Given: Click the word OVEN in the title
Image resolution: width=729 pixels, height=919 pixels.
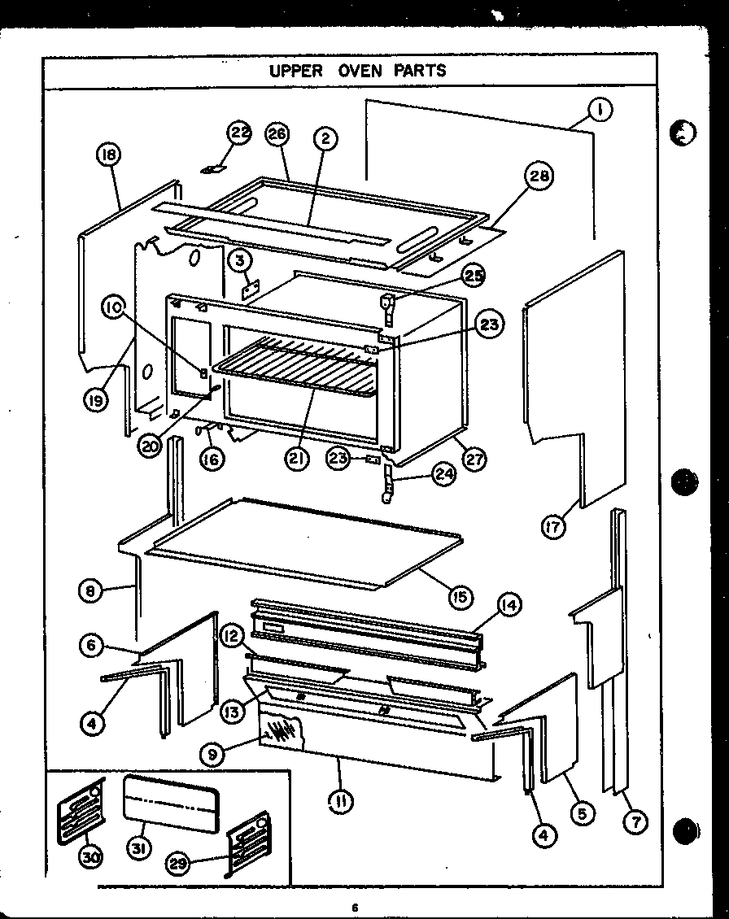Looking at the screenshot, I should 358,71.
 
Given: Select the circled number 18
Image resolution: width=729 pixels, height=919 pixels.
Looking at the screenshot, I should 108,155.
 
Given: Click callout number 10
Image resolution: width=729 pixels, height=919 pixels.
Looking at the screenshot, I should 114,307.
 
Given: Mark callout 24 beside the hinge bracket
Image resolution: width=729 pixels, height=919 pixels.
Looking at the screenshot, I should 443,475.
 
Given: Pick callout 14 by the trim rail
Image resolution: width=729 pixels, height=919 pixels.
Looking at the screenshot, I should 509,605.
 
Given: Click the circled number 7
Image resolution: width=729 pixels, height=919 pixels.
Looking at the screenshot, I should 635,822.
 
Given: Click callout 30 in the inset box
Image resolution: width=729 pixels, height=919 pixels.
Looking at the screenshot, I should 90,856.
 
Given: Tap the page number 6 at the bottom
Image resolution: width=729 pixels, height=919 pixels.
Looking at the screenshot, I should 356,908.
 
